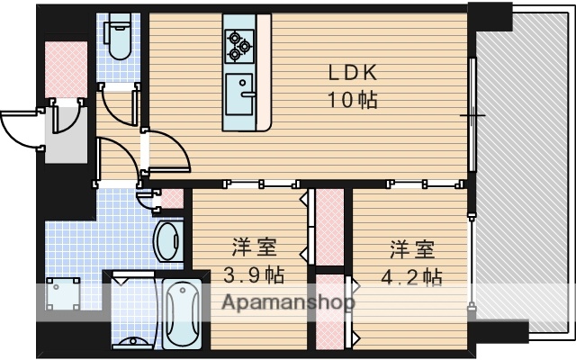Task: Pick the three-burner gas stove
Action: pos(239,45)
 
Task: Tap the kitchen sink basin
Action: pos(240,94)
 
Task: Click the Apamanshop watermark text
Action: pos(288,303)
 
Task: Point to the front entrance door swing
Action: pos(22,129)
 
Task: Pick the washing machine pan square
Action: pos(62,292)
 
